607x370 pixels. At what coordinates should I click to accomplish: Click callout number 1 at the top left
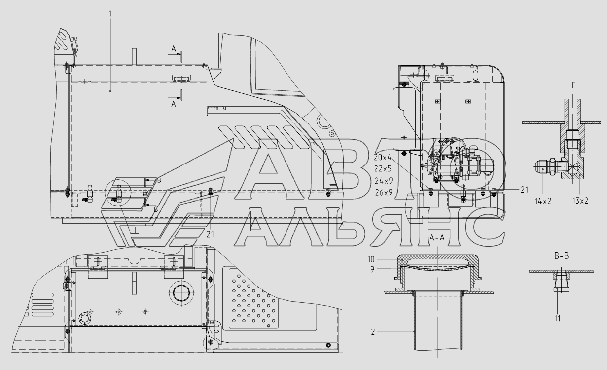(110, 13)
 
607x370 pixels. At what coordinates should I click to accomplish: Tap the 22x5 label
(383, 169)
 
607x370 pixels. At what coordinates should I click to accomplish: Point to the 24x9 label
(384, 180)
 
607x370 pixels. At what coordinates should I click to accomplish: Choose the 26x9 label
(384, 192)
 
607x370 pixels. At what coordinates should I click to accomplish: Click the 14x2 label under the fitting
(543, 201)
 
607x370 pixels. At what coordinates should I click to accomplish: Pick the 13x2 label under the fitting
(580, 201)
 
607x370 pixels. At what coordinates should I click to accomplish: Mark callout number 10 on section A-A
(371, 259)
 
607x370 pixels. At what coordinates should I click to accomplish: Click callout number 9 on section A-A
(372, 269)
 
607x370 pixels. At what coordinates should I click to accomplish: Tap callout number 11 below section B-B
(557, 318)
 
